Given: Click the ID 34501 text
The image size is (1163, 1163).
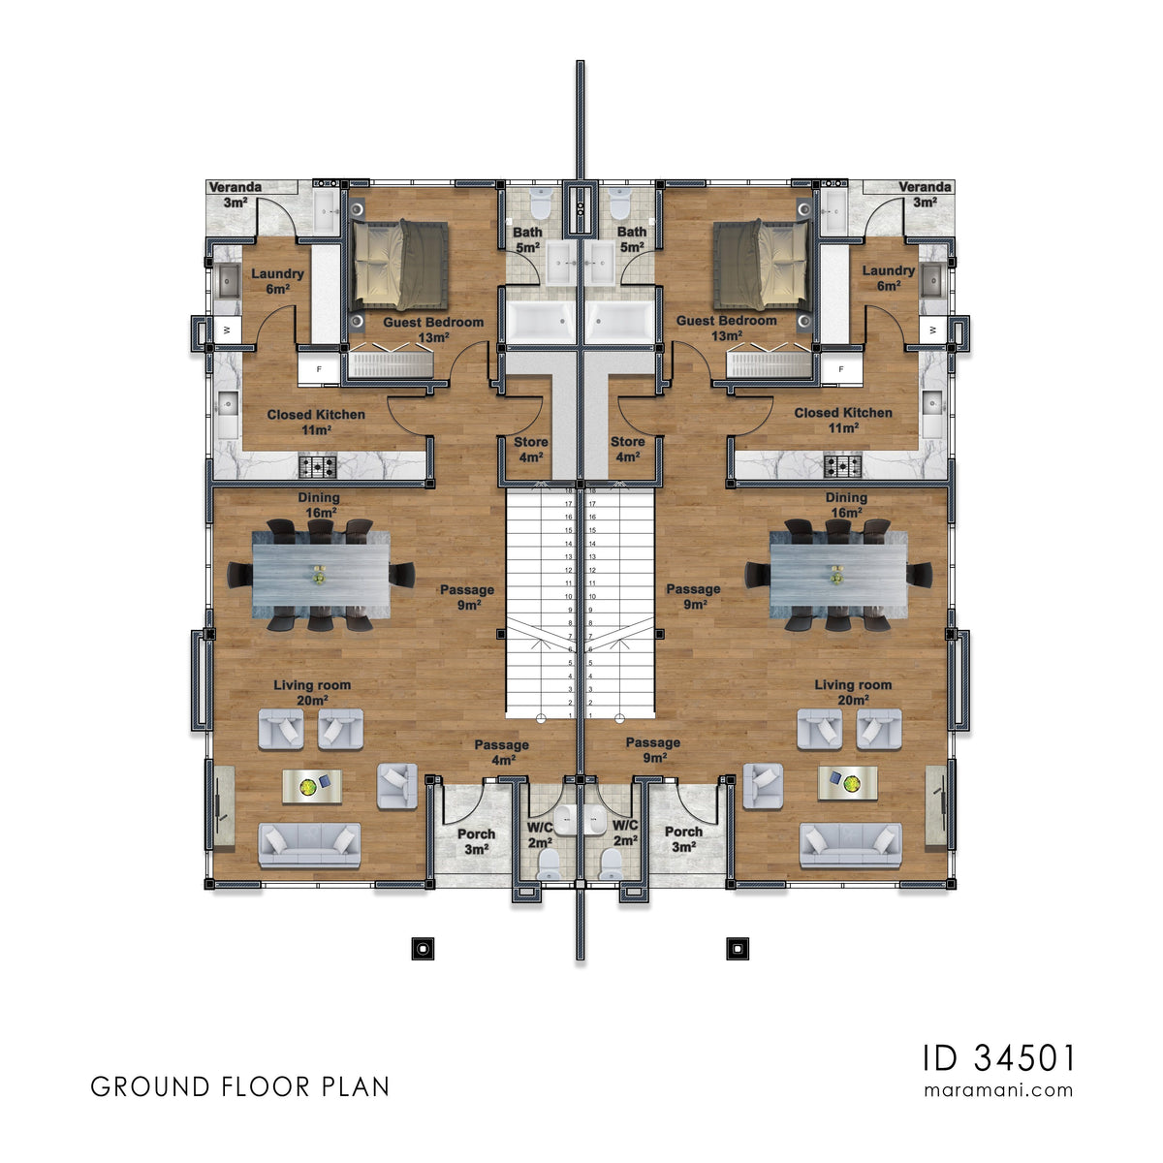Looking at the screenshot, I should [999, 1057].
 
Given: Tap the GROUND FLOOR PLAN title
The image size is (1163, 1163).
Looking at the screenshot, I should [240, 1086].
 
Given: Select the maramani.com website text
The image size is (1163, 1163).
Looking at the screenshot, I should [999, 1089].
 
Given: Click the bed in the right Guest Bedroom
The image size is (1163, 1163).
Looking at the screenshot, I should [762, 266].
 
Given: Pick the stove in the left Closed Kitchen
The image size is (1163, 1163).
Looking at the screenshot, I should [317, 467].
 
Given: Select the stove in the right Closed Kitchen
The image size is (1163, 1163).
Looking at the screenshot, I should [843, 467].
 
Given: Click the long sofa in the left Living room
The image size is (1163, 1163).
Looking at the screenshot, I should [309, 845].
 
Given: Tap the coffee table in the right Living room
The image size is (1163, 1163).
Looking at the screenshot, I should [848, 783].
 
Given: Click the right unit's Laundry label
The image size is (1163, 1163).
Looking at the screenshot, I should [889, 278].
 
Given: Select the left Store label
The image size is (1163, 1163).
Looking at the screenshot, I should [531, 450].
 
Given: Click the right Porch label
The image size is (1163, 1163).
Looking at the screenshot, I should [684, 839].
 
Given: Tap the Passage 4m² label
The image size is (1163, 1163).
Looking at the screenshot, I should [501, 752].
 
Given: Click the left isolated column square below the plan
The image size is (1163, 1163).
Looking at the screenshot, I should [423, 949].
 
